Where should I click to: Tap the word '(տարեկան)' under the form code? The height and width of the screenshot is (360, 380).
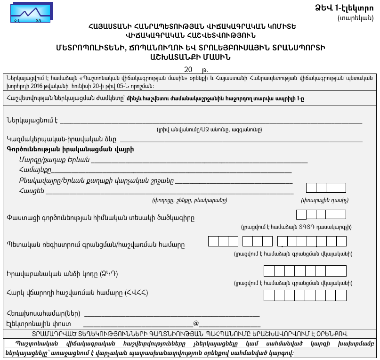pyautogui.click(x=356, y=18)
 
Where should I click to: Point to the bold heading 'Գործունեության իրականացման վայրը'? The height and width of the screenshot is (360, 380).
pyautogui.click(x=70, y=149)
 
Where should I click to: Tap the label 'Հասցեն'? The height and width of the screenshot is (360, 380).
pyautogui.click(x=32, y=190)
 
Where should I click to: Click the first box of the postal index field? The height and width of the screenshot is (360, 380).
pyautogui.click(x=311, y=188)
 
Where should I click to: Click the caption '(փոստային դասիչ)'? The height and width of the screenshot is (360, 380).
pyautogui.click(x=324, y=200)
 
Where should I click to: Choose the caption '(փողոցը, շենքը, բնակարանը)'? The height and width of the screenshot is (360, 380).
pyautogui.click(x=189, y=200)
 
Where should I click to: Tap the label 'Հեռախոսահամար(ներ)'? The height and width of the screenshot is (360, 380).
pyautogui.click(x=44, y=313)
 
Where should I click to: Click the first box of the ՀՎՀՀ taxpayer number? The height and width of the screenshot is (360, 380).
pyautogui.click(x=268, y=295)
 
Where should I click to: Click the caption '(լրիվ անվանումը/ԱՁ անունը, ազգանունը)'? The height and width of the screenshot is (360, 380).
pyautogui.click(x=209, y=129)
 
